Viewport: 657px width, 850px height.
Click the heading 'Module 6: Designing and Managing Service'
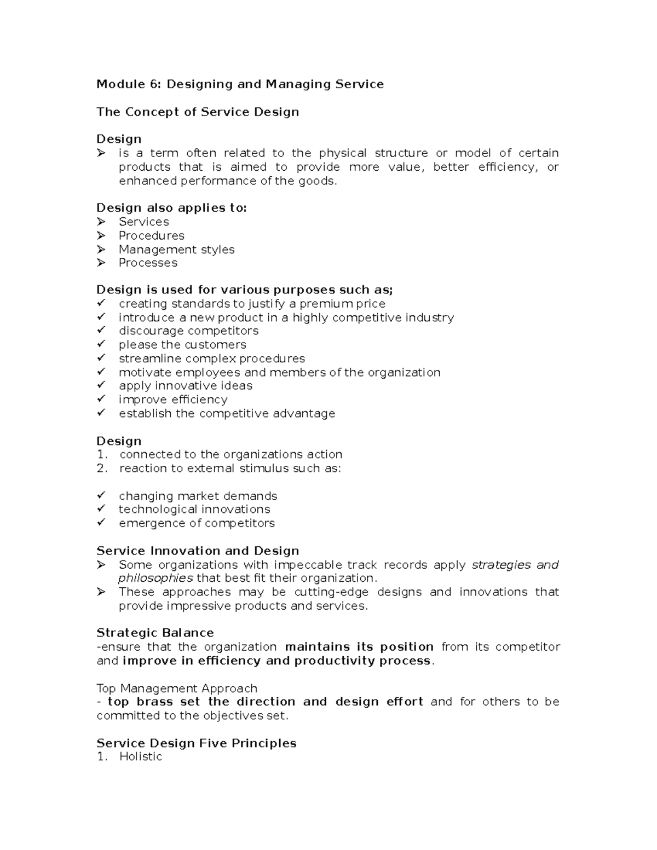point(240,84)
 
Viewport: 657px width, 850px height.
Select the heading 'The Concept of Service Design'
point(198,112)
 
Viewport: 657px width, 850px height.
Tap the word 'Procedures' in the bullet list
point(152,236)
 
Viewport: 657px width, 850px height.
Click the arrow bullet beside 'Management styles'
point(101,249)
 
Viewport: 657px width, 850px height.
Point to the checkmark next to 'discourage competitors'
point(101,330)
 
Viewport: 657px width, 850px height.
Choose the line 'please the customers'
point(182,345)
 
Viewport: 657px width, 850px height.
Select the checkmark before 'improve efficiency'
point(101,399)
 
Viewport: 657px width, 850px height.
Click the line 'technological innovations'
point(194,510)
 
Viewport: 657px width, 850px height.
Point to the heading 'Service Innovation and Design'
point(198,551)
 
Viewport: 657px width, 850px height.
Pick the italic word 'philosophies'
point(155,579)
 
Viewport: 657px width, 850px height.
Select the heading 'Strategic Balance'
point(155,633)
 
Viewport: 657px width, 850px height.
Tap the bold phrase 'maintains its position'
point(359,647)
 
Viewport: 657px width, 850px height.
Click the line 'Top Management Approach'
point(177,688)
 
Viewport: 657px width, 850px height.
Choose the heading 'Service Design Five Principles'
point(197,743)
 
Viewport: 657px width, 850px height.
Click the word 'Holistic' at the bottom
point(141,757)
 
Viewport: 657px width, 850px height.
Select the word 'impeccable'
point(308,565)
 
